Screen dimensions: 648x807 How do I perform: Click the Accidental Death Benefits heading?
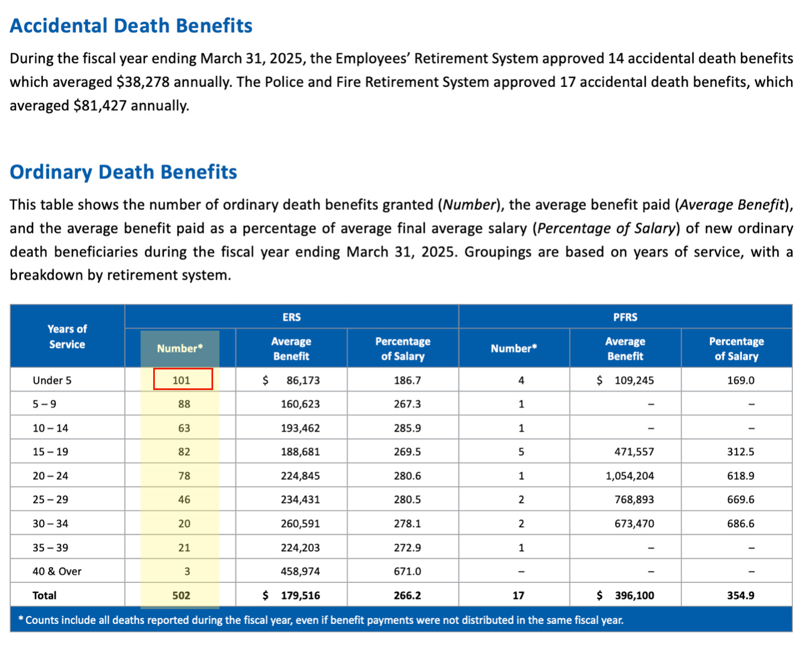[131, 26]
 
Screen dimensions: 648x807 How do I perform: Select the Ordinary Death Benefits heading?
[123, 172]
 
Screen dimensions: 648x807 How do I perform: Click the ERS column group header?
[291, 317]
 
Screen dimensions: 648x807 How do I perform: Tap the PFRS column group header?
[625, 317]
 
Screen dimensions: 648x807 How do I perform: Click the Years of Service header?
[67, 336]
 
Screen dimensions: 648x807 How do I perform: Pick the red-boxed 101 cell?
[182, 380]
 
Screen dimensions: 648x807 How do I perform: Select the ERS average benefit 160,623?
[300, 404]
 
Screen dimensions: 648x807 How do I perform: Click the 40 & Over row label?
[57, 571]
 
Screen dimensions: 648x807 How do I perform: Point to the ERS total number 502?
[181, 595]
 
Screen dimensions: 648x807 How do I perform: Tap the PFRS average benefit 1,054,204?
[630, 476]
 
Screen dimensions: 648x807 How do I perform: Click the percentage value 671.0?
[407, 571]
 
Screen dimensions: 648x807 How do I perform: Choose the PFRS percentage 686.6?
[740, 523]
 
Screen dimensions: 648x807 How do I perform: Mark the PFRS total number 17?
[518, 595]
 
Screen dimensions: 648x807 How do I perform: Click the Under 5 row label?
[52, 380]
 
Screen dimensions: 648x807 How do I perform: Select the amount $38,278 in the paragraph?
[143, 82]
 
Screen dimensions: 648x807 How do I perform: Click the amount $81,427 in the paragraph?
[100, 106]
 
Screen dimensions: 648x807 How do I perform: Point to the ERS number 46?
[184, 499]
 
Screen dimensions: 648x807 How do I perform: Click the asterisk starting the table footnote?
[21, 619]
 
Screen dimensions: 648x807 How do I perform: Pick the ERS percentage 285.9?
[407, 428]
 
